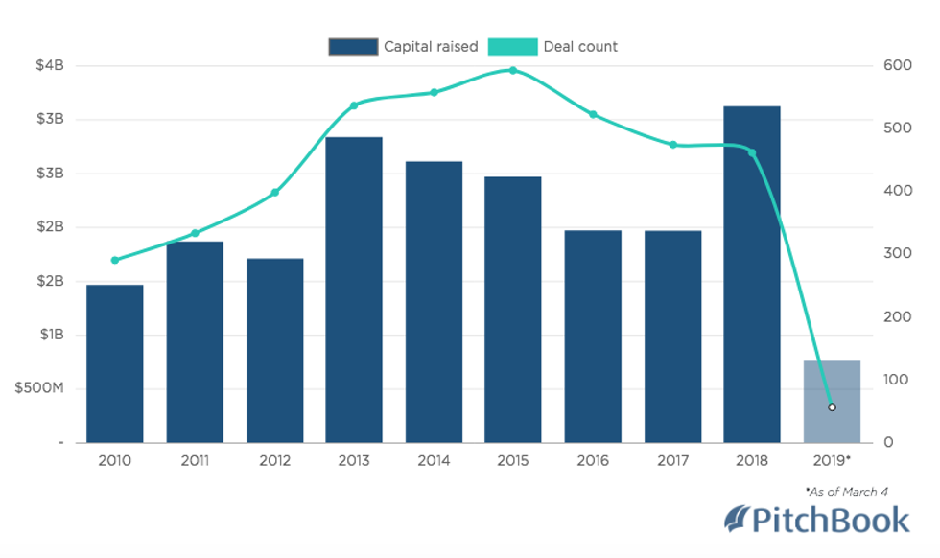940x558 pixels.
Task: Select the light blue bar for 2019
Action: tap(832, 402)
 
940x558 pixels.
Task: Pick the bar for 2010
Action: tap(115, 363)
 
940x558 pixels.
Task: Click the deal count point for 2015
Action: tap(513, 70)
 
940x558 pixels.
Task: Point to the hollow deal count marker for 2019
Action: tap(832, 407)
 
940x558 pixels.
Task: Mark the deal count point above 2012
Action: tap(274, 193)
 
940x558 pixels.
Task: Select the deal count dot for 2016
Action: tap(593, 114)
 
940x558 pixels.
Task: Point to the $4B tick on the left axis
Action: tap(49, 66)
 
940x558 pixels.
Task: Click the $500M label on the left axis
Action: tap(35, 389)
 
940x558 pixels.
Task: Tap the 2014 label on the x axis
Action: tap(434, 461)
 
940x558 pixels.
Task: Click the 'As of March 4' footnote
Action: tap(847, 492)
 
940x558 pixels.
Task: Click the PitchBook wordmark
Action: tap(831, 520)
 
